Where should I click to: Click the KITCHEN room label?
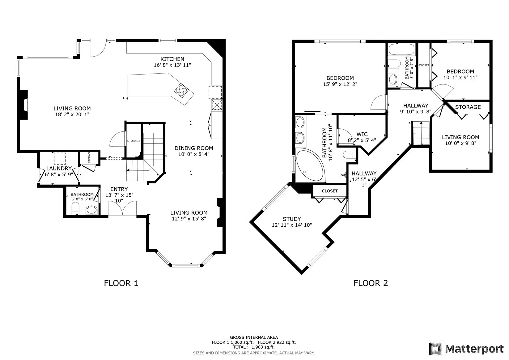click(172, 59)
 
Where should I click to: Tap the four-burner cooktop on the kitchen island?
click(181, 91)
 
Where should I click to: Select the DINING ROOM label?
click(194, 148)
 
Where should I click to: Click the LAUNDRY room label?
click(59, 169)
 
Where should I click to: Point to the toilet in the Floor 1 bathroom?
click(75, 209)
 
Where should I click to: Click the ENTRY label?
click(119, 189)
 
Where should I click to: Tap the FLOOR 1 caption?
click(121, 283)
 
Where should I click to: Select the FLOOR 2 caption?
click(371, 283)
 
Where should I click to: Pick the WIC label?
click(362, 135)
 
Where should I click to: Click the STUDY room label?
click(292, 219)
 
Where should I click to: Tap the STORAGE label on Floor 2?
click(468, 107)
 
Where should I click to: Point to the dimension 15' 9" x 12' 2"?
click(340, 84)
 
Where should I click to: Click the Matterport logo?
click(466, 348)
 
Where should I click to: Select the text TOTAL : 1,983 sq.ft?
click(254, 347)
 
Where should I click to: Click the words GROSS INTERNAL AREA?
click(254, 337)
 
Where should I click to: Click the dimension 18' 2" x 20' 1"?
click(72, 114)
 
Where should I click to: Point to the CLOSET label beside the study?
click(330, 191)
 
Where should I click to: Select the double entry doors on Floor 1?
click(122, 208)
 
